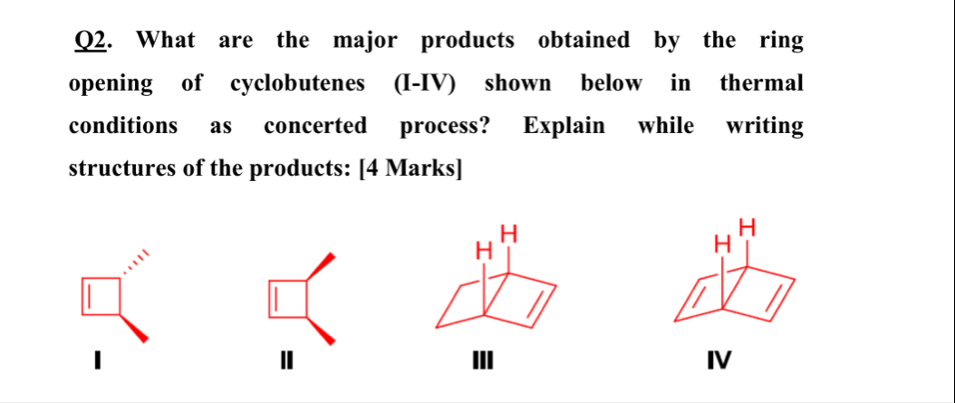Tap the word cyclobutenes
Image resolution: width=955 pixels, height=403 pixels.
click(x=298, y=84)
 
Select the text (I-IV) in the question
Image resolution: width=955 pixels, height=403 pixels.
click(x=425, y=84)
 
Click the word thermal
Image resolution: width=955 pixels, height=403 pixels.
click(x=761, y=84)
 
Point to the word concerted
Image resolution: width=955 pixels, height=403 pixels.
click(x=315, y=126)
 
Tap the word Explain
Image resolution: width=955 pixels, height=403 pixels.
click(x=564, y=126)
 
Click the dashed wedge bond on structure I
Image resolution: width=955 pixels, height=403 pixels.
click(x=133, y=263)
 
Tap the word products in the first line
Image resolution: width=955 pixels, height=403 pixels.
click(x=468, y=42)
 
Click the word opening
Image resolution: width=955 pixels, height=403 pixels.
click(x=111, y=84)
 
